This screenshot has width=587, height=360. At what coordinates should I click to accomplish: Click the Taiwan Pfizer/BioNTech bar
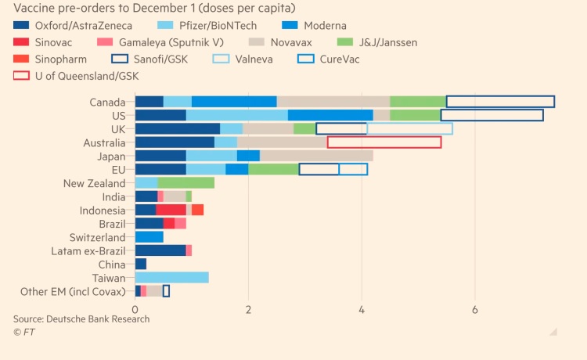click(171, 278)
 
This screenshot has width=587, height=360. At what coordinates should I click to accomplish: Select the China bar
click(141, 265)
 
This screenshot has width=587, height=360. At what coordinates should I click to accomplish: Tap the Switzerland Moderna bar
click(149, 237)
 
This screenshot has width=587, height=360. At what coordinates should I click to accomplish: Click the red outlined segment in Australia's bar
click(384, 142)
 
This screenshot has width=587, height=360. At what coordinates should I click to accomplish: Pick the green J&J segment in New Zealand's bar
click(185, 183)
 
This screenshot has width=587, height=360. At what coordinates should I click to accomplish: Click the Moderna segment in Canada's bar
click(234, 102)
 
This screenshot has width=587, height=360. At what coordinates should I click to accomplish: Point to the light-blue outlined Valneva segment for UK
click(409, 129)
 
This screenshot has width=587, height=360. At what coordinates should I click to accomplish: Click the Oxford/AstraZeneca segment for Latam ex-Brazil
click(160, 250)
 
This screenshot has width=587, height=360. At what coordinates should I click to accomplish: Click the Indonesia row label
click(103, 211)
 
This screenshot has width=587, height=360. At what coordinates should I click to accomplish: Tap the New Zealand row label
click(95, 183)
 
